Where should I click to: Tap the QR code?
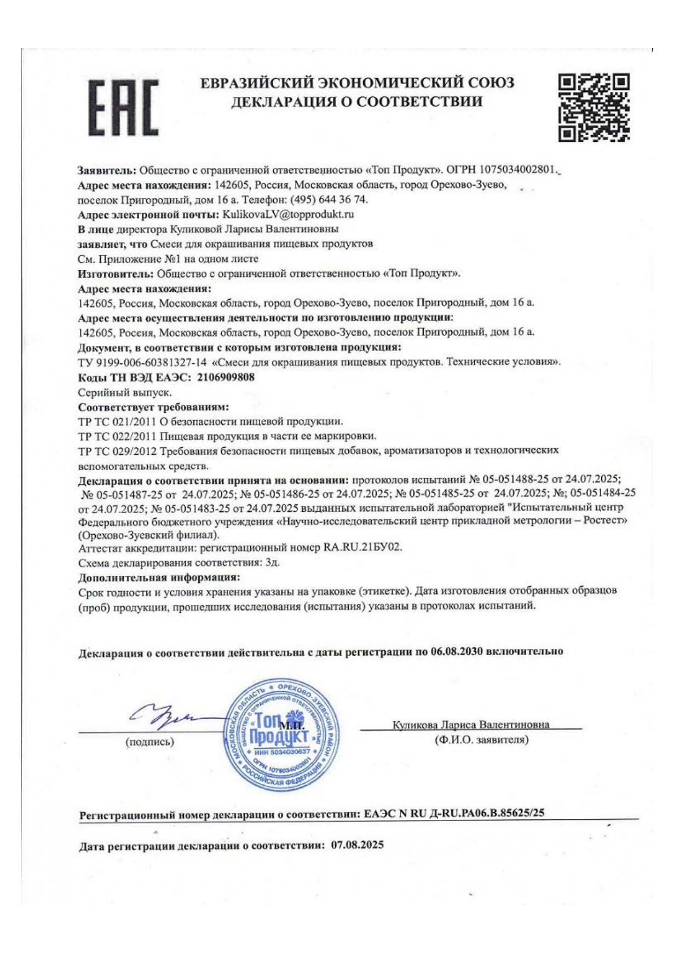click(x=593, y=107)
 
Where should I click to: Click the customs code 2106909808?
click(x=225, y=377)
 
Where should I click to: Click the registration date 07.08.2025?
click(x=357, y=845)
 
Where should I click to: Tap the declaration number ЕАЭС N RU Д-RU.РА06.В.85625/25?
click(x=454, y=813)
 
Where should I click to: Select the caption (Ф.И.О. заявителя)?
click(x=481, y=740)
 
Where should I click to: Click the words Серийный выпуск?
click(x=125, y=392)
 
